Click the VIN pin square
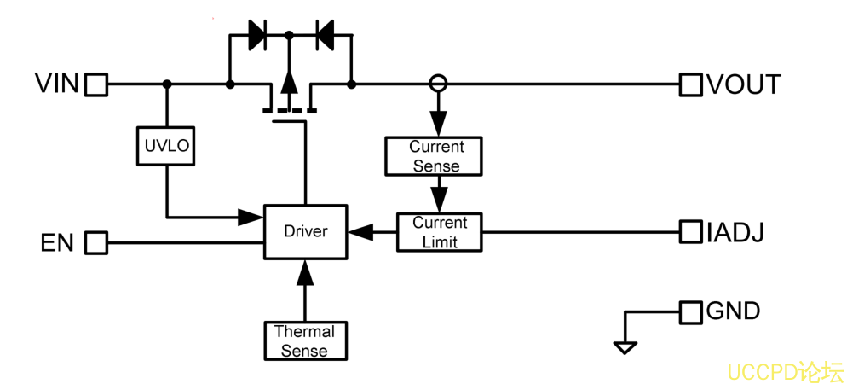coord(96,85)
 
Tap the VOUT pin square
coord(690,85)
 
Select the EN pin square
coord(96,242)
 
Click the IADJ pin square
coord(690,232)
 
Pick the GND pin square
coord(690,312)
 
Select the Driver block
coord(305,231)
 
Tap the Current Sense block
coord(433,156)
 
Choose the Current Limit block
coord(439,232)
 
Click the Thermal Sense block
coord(305,340)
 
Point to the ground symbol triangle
coord(625,348)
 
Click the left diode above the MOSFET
coord(257,35)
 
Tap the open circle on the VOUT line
coord(438,84)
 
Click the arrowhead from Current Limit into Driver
coord(360,232)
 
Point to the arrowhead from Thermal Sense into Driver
coord(305,272)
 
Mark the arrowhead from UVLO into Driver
coord(251,218)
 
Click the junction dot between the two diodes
coord(289,35)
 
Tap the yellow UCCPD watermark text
coord(784,372)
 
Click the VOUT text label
coord(743,85)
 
